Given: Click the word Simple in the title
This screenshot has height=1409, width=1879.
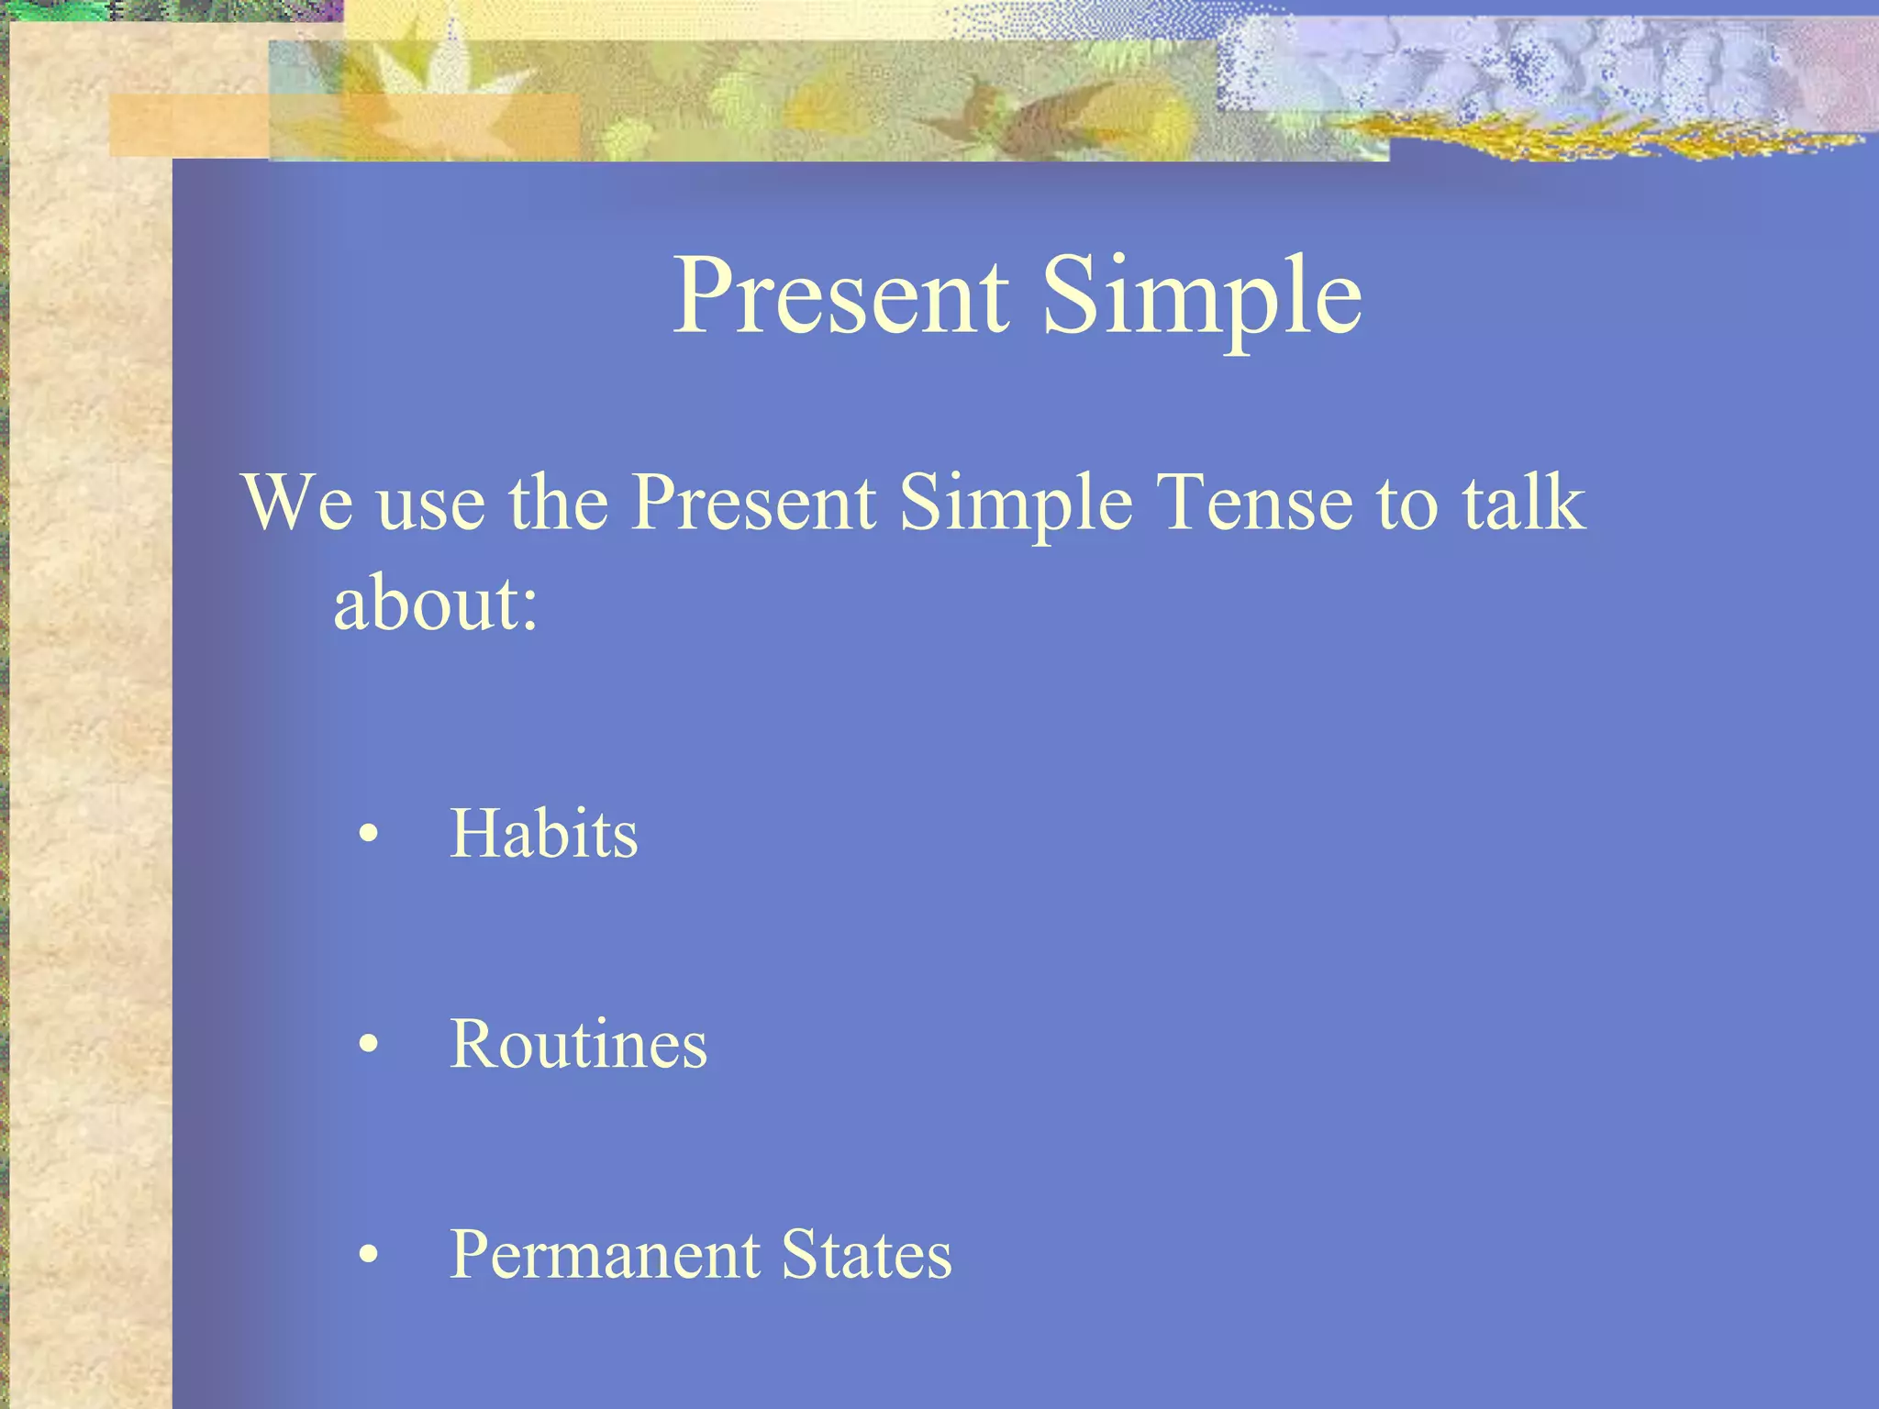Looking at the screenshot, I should [1202, 295].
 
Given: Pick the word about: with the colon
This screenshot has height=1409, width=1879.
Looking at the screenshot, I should [435, 605].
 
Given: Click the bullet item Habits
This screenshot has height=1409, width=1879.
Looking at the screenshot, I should [543, 833].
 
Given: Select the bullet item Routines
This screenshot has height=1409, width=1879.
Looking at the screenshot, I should [578, 1044].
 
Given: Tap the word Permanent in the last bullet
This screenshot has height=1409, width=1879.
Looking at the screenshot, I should [604, 1255].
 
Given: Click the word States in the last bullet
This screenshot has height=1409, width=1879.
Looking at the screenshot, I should [866, 1255].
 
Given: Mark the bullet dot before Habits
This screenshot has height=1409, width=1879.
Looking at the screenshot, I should [369, 835].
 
